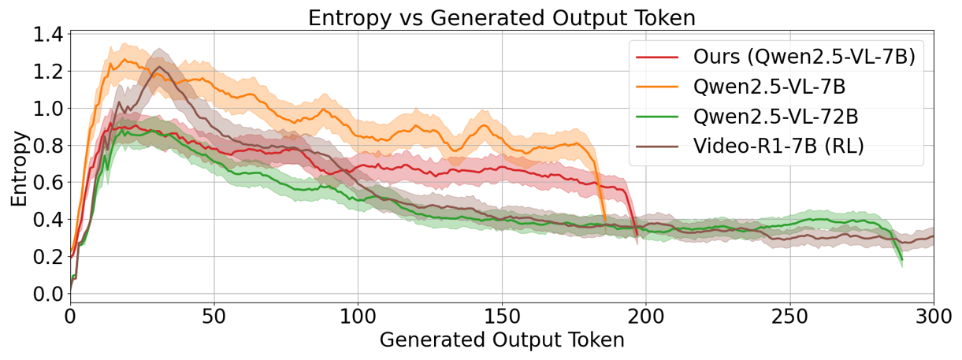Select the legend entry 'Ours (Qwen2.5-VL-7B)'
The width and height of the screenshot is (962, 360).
coord(804,58)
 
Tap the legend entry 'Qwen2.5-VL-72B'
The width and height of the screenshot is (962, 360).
coord(775,117)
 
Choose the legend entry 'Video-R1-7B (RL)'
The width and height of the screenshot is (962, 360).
coord(779,146)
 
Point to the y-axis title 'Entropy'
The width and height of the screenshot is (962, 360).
coord(19,169)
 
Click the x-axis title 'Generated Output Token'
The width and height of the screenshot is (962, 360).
coord(501,340)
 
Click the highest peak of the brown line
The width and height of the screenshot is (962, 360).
coord(159,67)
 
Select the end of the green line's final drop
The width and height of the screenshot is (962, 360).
coord(901,259)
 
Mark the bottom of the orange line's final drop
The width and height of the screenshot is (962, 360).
coord(605,221)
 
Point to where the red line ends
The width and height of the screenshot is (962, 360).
coord(637,234)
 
